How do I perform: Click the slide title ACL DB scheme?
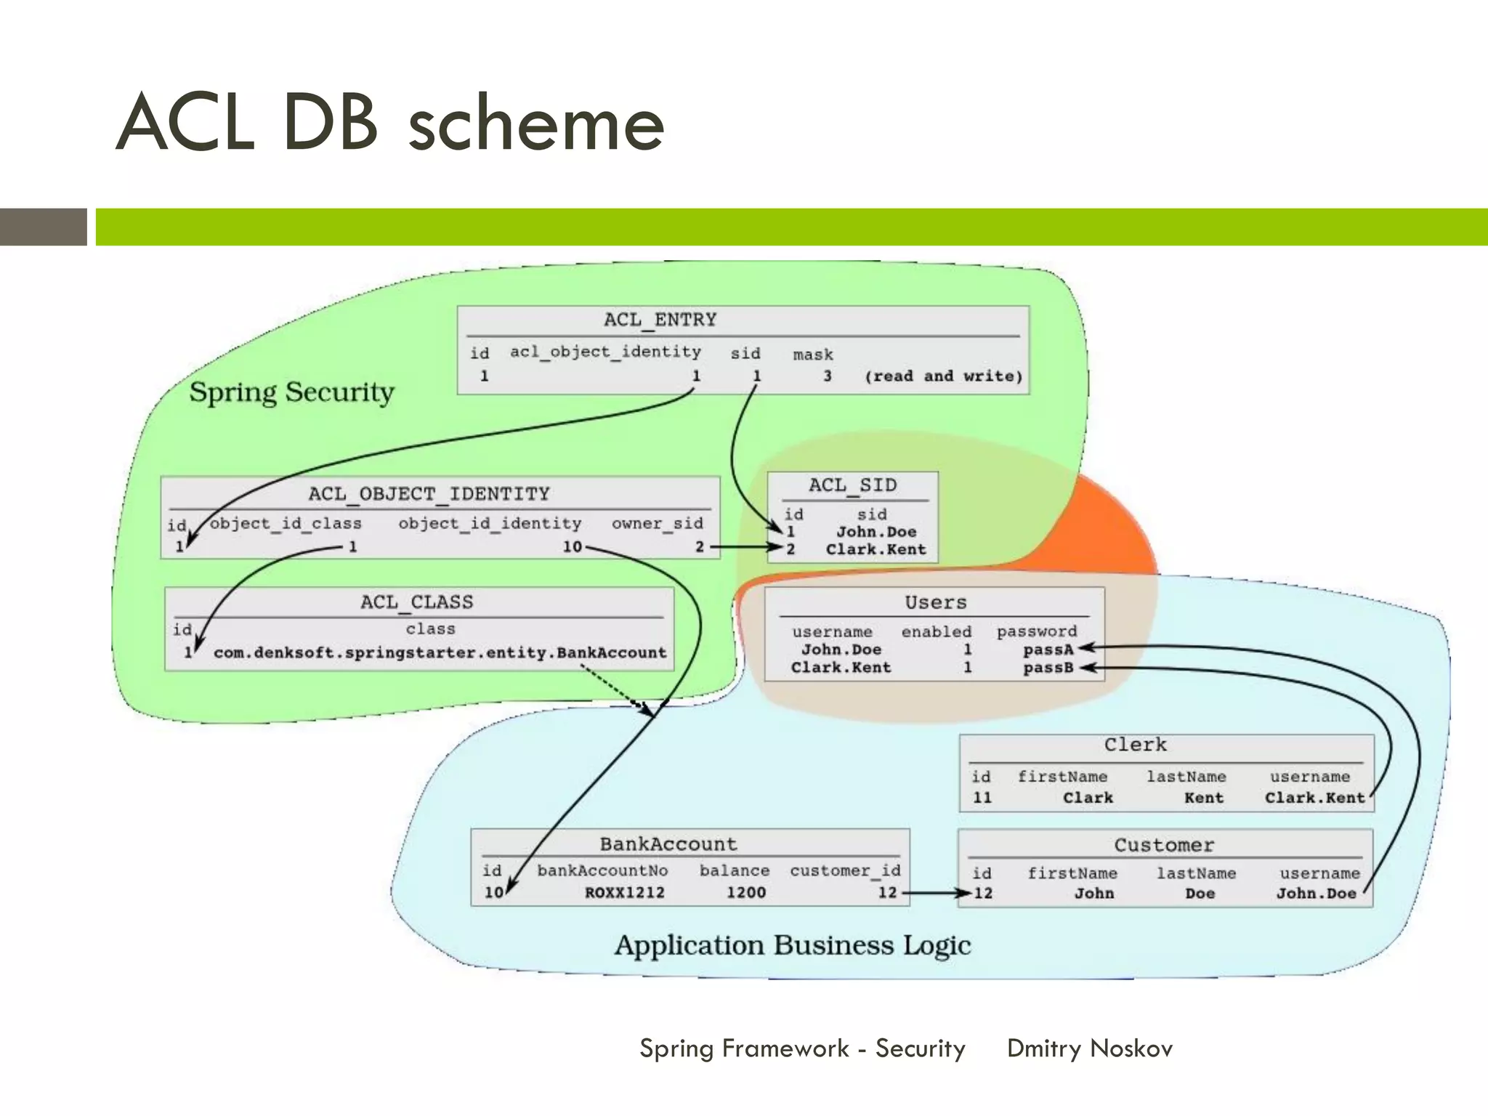pos(390,123)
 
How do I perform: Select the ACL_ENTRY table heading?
pos(660,320)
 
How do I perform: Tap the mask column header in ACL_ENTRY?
pos(813,355)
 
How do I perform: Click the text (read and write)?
pos(943,376)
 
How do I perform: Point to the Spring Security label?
pos(291,392)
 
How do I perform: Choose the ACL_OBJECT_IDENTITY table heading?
pos(429,494)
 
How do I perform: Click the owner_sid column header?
pos(657,524)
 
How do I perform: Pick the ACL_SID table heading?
pos(852,485)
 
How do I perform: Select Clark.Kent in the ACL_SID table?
pos(876,549)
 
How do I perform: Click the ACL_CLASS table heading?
pos(416,602)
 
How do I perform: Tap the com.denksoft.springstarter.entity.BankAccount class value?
pos(440,652)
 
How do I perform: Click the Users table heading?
pos(935,602)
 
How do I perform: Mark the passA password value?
pos(1048,650)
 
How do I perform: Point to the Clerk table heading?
pos(1135,745)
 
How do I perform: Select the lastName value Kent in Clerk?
pos(1203,798)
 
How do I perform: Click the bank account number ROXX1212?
pos(625,892)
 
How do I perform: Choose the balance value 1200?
pos(746,892)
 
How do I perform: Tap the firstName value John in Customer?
pos(1093,894)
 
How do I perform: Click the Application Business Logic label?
pos(792,945)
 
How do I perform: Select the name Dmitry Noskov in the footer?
pos(1089,1048)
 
